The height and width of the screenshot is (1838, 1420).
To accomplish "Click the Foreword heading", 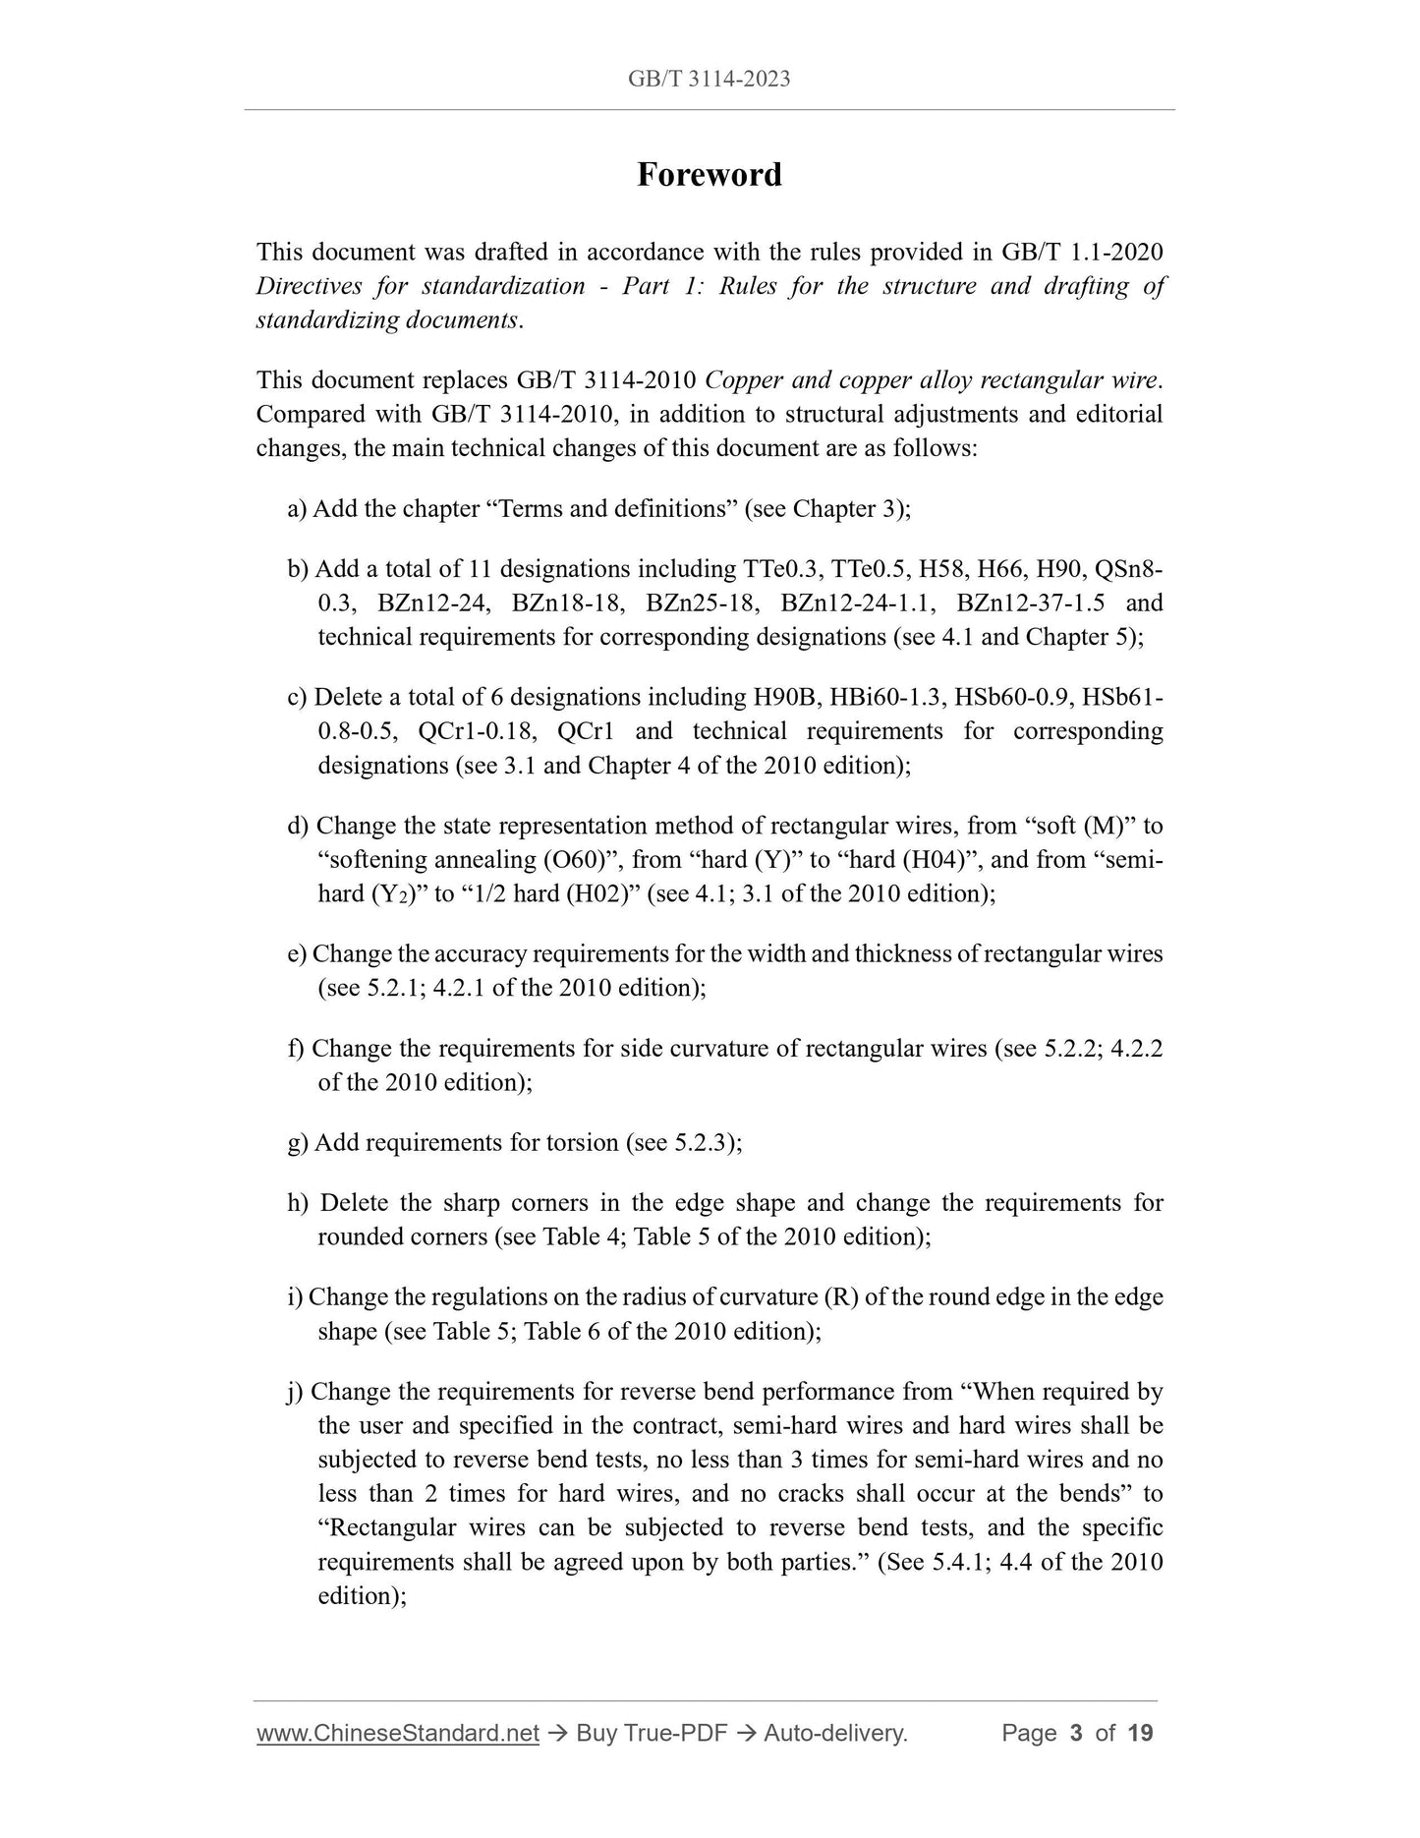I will click(709, 175).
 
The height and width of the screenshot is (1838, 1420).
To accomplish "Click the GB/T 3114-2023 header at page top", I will click(709, 79).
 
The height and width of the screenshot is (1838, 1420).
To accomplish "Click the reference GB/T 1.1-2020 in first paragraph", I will click(1082, 253).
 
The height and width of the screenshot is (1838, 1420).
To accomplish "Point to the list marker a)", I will click(297, 509).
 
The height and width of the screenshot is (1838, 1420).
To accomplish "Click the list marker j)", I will click(297, 1392).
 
